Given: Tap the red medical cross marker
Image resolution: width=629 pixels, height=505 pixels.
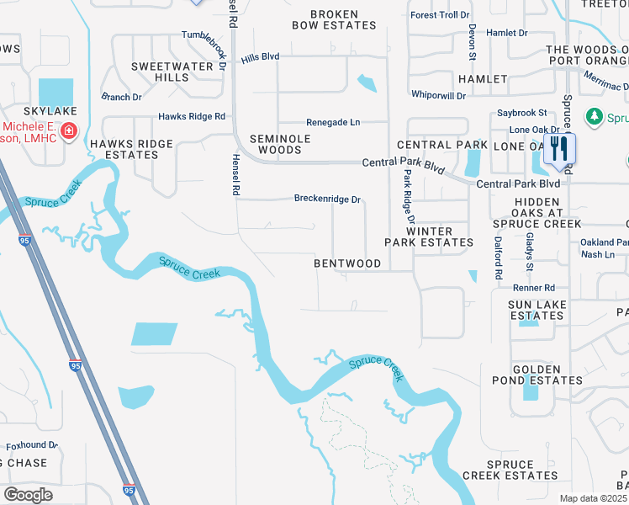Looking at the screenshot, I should pyautogui.click(x=67, y=131).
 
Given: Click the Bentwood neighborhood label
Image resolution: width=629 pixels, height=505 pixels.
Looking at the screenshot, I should pyautogui.click(x=347, y=263).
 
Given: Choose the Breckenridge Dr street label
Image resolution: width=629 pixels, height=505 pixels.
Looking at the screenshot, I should pyautogui.click(x=327, y=199).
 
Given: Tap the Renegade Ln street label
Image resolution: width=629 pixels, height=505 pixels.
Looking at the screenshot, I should pyautogui.click(x=333, y=122).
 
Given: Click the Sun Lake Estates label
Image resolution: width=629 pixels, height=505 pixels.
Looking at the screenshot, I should pyautogui.click(x=536, y=310).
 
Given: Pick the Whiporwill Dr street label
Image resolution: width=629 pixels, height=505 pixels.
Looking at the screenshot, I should pyautogui.click(x=438, y=95).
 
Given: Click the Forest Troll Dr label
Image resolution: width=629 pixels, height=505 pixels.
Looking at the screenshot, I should pyautogui.click(x=439, y=15).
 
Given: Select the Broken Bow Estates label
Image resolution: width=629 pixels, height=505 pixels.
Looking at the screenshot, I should pyautogui.click(x=334, y=20).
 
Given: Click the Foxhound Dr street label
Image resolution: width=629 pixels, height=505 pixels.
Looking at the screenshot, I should pyautogui.click(x=32, y=445).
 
